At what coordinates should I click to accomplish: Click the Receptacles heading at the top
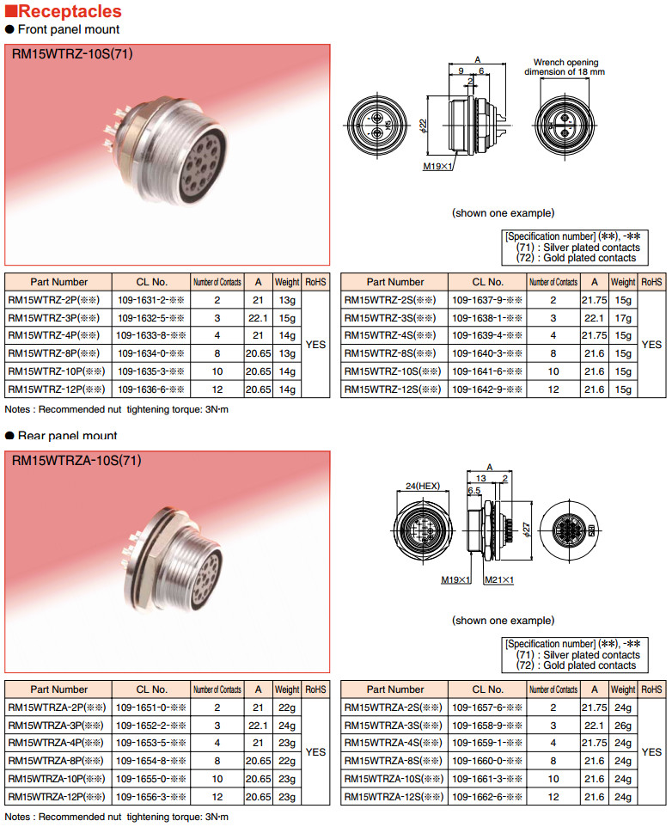(x=70, y=12)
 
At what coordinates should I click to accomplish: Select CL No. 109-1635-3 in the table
(x=150, y=371)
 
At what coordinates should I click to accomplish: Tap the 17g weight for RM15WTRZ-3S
(x=623, y=318)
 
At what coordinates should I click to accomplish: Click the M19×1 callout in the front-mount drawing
(x=437, y=166)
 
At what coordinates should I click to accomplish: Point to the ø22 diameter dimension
(x=423, y=126)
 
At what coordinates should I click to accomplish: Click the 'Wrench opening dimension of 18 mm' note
(x=569, y=67)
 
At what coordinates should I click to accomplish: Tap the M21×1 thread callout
(x=498, y=580)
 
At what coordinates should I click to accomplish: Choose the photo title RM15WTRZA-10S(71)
(x=76, y=461)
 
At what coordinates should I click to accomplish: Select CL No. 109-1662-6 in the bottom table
(x=487, y=797)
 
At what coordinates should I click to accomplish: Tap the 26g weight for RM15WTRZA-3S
(x=623, y=726)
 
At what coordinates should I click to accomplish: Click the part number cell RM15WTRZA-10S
(x=392, y=779)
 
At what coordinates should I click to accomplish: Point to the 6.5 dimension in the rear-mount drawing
(x=473, y=489)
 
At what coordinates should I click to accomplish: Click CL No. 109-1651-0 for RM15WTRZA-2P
(x=150, y=708)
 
